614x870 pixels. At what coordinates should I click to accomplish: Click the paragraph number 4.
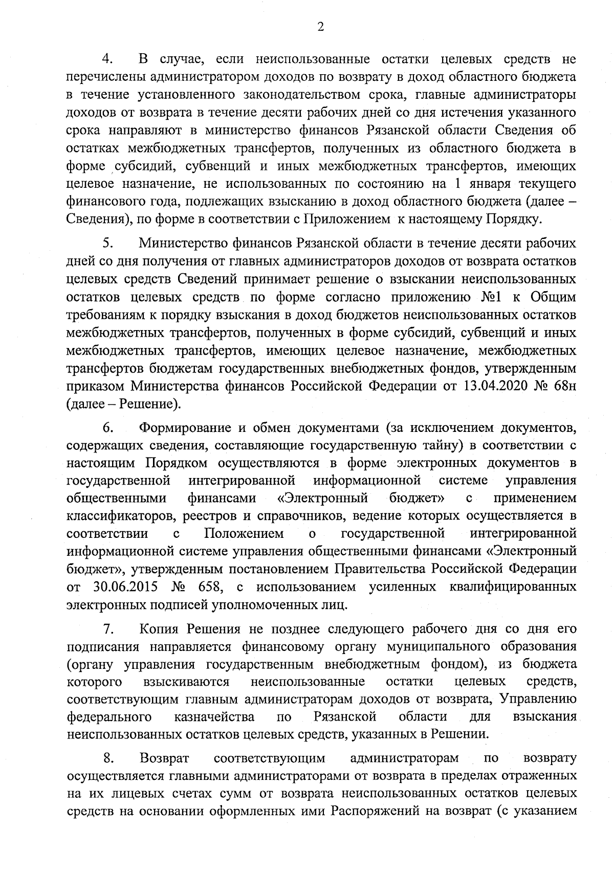(x=107, y=59)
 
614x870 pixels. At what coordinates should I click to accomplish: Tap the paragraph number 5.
(x=107, y=242)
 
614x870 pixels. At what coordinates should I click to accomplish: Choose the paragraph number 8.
(x=107, y=756)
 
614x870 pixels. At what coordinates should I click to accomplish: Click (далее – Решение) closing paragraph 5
(x=123, y=404)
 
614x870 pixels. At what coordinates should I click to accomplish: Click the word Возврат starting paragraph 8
(x=165, y=756)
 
